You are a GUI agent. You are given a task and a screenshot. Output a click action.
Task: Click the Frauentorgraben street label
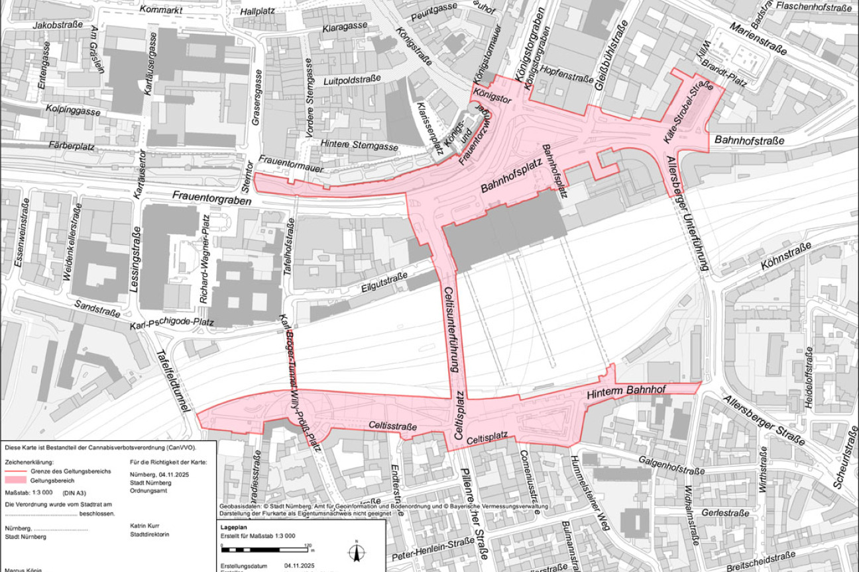[x=212, y=197]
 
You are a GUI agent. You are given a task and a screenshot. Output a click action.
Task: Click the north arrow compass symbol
[x=356, y=551]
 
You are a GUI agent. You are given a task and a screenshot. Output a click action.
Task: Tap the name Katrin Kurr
[x=145, y=528]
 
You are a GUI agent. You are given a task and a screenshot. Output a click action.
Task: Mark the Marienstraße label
[x=758, y=39]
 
